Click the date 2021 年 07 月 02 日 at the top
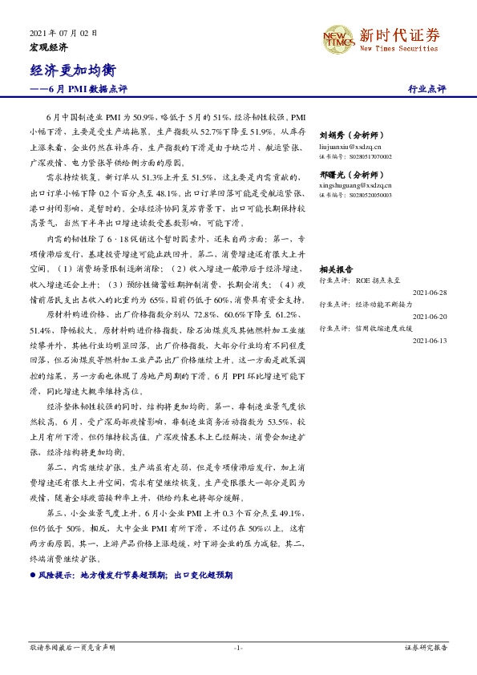63,34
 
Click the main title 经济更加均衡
68,71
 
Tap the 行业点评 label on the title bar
427,90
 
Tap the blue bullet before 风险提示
32,576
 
